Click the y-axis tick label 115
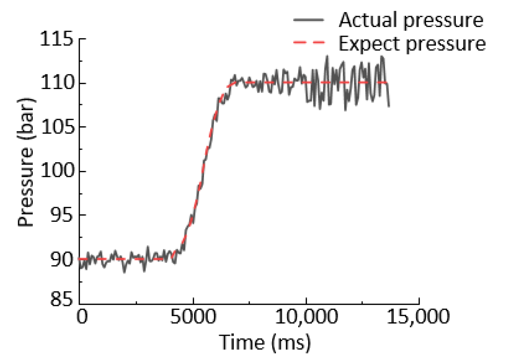click(x=57, y=39)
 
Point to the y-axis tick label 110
click(x=57, y=83)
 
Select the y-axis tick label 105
click(x=57, y=127)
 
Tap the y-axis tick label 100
click(x=57, y=170)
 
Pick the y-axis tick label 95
click(x=61, y=215)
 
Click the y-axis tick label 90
click(x=61, y=259)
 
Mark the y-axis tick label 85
click(x=61, y=300)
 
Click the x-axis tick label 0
click(x=82, y=317)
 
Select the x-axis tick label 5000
click(x=193, y=317)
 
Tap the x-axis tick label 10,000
click(x=306, y=317)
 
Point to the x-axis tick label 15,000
click(x=418, y=317)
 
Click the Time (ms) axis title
click(x=265, y=342)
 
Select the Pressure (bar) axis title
click(x=26, y=162)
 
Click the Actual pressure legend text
click(x=411, y=20)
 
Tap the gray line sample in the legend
click(x=308, y=20)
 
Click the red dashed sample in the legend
click(x=308, y=43)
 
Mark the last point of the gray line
click(x=389, y=106)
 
